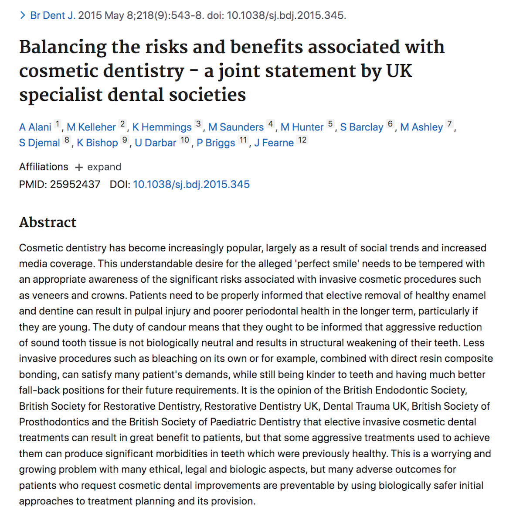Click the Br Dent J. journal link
click(53, 16)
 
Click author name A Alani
click(35, 127)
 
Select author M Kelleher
click(91, 127)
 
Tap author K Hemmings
click(162, 127)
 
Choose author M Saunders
click(236, 127)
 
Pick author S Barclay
click(362, 127)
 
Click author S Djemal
click(40, 143)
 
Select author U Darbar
click(156, 143)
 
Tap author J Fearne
click(274, 143)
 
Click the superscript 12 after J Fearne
click(302, 140)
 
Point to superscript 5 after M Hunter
click(330, 124)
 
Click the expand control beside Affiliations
click(98, 167)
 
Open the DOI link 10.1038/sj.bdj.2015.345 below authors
click(191, 185)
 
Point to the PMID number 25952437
click(75, 185)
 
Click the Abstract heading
click(48, 222)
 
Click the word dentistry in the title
click(143, 71)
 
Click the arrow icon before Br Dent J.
click(23, 16)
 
